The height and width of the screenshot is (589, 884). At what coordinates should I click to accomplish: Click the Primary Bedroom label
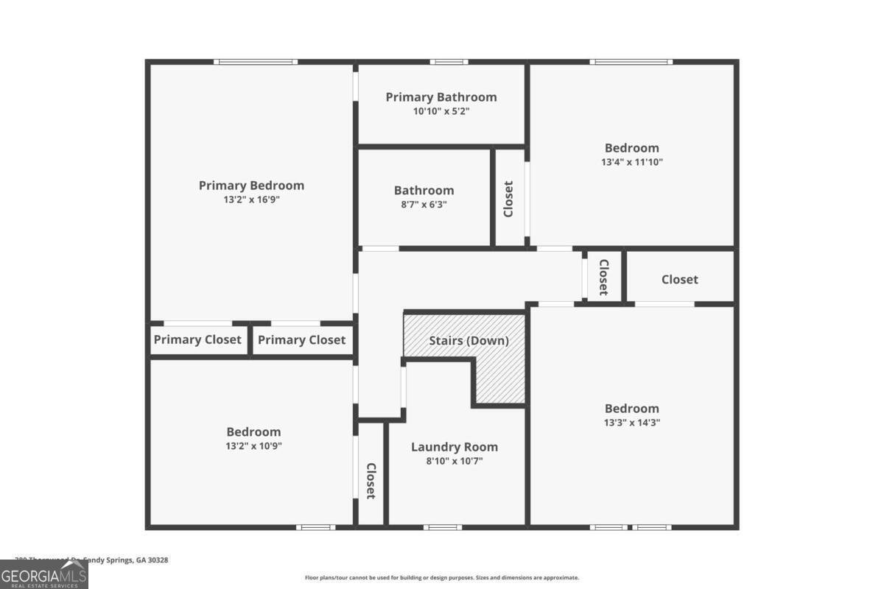point(251,186)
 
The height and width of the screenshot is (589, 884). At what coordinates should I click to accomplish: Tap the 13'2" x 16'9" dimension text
point(251,200)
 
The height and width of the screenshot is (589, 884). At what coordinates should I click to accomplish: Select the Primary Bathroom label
point(441,97)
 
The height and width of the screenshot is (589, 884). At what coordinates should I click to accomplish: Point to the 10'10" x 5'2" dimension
point(441,111)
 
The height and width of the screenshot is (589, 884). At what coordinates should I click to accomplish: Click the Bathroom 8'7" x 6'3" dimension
point(424,205)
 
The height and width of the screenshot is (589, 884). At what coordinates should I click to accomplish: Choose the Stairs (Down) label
point(469,341)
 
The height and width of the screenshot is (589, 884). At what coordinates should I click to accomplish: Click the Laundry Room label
point(454,447)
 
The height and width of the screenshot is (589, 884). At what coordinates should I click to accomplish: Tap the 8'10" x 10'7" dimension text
point(454,461)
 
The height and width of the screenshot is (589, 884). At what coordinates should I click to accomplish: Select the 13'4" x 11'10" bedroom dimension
point(632,162)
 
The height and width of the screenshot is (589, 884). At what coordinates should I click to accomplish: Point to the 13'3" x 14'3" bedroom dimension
point(632,423)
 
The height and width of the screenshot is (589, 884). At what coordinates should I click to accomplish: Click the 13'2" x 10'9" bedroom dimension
point(253,446)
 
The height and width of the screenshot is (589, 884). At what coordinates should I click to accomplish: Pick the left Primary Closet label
point(197,339)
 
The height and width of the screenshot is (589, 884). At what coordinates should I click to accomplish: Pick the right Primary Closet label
point(301,339)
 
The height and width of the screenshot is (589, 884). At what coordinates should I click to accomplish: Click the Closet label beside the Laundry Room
point(371,480)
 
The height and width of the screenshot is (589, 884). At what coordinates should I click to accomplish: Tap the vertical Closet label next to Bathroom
point(508,199)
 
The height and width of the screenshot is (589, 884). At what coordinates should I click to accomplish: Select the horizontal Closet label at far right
point(679,280)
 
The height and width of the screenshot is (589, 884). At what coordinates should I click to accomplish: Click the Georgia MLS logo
point(43,575)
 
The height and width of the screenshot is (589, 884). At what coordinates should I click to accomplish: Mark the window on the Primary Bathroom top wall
point(449,62)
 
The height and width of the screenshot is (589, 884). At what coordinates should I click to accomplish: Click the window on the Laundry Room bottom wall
point(443,527)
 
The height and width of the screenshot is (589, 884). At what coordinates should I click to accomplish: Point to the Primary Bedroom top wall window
point(256,62)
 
